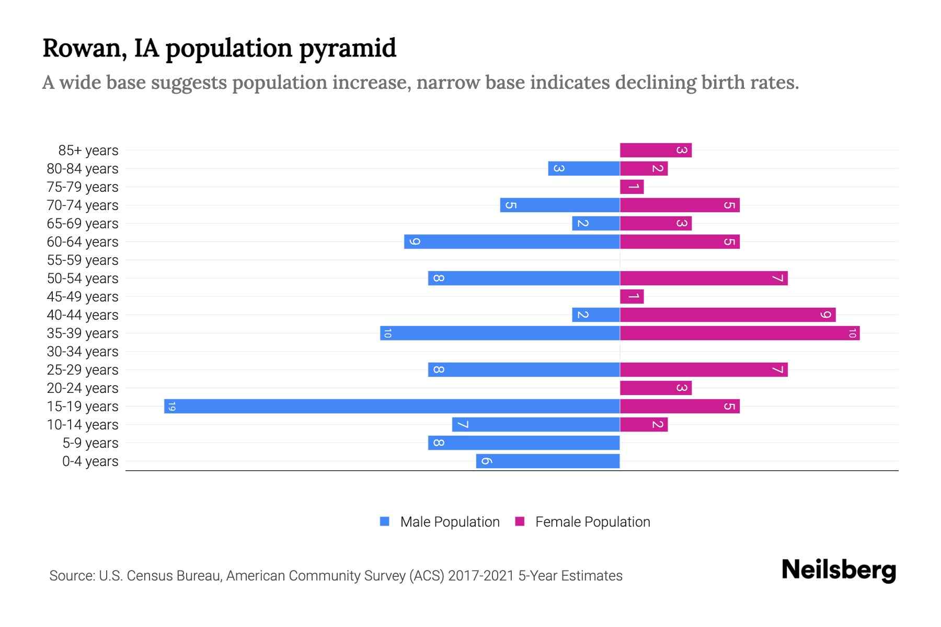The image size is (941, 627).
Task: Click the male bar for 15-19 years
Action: coord(392,407)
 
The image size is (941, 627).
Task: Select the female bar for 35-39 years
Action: coord(740,333)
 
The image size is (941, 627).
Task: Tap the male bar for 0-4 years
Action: coord(548,461)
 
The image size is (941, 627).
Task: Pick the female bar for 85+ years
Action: coord(656,150)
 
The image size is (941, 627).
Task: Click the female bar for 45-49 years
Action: coord(632,297)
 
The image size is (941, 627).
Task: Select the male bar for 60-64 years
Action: coord(512,242)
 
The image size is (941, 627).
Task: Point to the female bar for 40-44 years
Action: coord(728,315)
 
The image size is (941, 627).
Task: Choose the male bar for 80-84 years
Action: coord(584,169)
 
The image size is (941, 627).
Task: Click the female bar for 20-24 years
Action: coord(656,388)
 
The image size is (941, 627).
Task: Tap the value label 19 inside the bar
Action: coord(172,407)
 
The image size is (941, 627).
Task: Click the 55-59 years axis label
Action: coord(83,260)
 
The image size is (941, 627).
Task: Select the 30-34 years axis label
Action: coord(83,352)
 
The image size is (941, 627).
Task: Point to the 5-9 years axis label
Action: coord(90,443)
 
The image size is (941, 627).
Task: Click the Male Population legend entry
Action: coord(450,522)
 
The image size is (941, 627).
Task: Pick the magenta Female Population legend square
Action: coord(520,521)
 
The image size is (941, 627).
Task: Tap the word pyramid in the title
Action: coord(348,49)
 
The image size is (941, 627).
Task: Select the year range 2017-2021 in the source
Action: coord(481,576)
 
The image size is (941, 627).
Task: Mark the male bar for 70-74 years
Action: coord(560,205)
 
